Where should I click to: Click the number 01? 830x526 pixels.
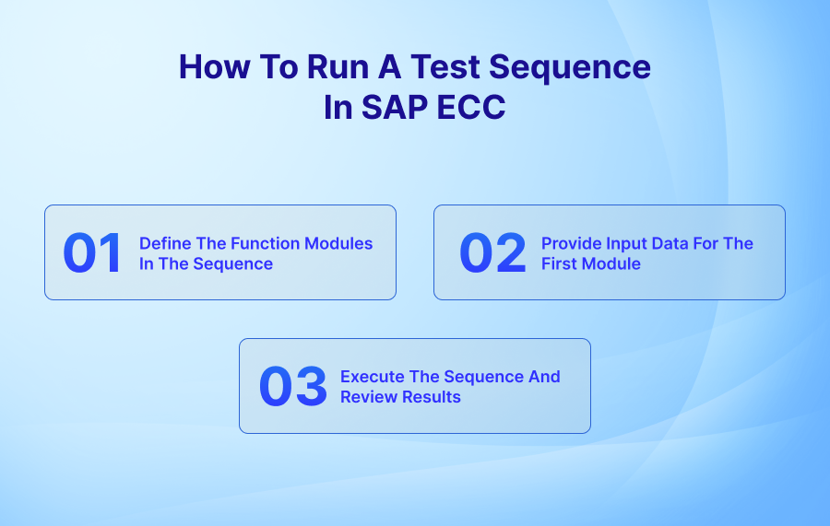click(92, 253)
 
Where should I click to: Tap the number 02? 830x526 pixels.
click(492, 253)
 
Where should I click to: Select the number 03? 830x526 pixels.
click(292, 387)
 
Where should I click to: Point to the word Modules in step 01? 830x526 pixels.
click(340, 243)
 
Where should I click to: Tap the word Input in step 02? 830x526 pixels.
click(626, 243)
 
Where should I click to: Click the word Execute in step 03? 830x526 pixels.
click(370, 377)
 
